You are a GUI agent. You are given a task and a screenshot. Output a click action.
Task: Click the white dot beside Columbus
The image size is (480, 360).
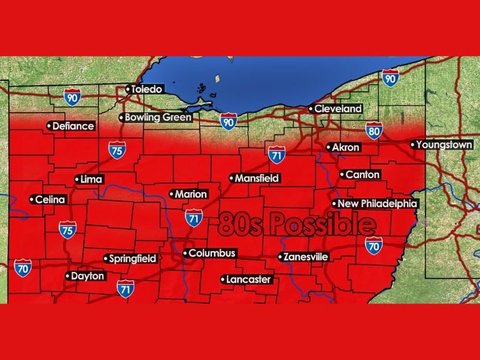(x=185, y=254)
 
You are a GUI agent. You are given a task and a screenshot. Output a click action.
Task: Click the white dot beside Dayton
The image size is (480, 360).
(x=67, y=277)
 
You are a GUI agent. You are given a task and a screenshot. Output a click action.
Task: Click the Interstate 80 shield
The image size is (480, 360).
(x=374, y=130)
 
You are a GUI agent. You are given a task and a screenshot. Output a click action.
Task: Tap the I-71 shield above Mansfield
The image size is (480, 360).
(x=276, y=154)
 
